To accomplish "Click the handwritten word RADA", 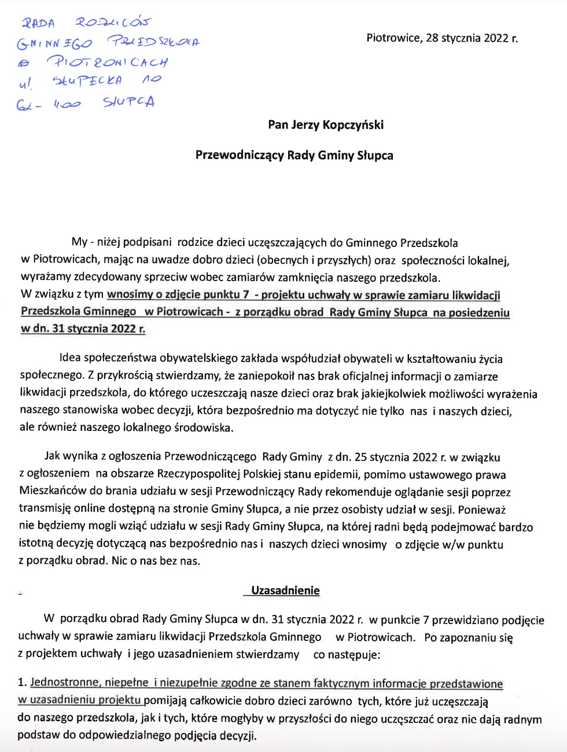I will pyautogui.click(x=38, y=23).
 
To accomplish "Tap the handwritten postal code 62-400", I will pyautogui.click(x=49, y=105).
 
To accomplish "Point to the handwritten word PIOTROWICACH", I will pyautogui.click(x=107, y=61).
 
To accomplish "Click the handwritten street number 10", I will pyautogui.click(x=152, y=79).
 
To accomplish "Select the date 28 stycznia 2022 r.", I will pyautogui.click(x=472, y=38).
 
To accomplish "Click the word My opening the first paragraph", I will pyautogui.click(x=79, y=242).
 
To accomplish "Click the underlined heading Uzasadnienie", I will pyautogui.click(x=285, y=591).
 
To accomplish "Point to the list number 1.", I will pyautogui.click(x=21, y=683).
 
